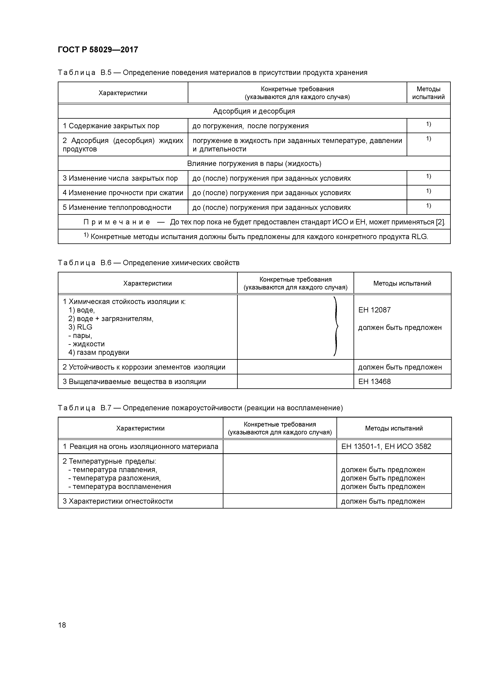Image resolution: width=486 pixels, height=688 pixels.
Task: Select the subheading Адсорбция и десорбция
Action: tap(254, 111)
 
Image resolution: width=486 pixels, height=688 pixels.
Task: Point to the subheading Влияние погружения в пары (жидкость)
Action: tap(254, 164)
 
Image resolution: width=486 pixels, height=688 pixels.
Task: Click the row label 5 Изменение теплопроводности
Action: tap(117, 207)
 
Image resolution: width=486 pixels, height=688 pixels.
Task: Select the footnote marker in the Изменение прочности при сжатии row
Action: tap(429, 191)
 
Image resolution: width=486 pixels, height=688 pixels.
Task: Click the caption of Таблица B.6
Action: tap(149, 263)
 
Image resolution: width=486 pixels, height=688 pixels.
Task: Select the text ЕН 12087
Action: tap(374, 310)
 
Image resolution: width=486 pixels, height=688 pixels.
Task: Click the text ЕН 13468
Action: tap(374, 381)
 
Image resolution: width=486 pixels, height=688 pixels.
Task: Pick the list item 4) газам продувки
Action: tap(99, 352)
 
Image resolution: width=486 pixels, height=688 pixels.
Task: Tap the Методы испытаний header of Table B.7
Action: tap(394, 428)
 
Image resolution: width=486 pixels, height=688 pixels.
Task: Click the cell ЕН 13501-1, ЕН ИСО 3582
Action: tap(386, 447)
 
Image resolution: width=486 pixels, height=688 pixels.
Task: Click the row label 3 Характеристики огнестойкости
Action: tap(118, 501)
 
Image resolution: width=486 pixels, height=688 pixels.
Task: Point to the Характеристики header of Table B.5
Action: tap(123, 93)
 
